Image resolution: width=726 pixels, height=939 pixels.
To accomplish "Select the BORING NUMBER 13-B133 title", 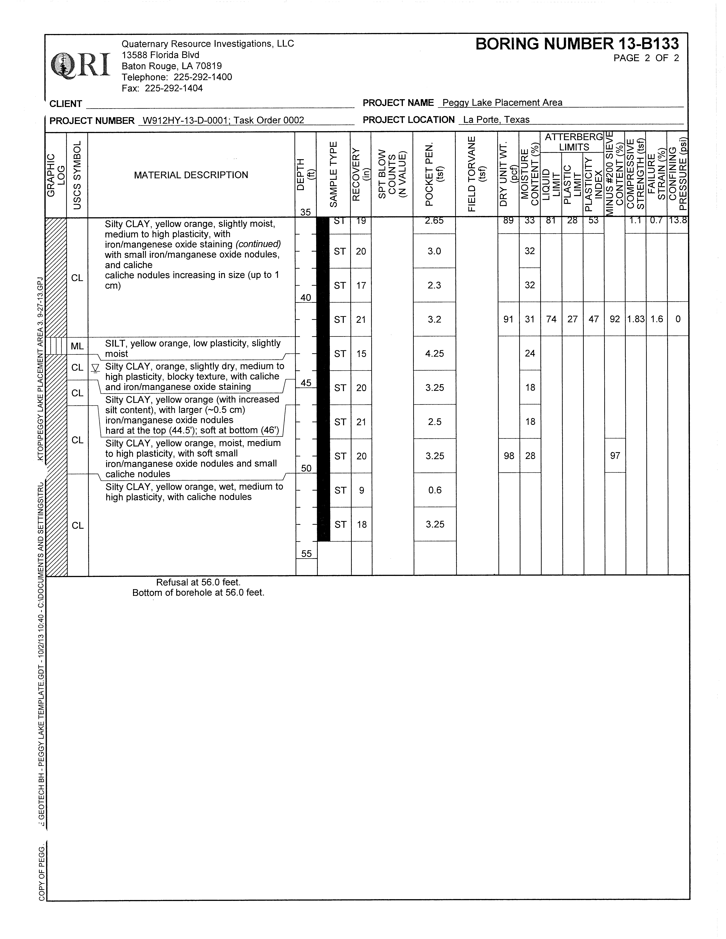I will pos(577,44).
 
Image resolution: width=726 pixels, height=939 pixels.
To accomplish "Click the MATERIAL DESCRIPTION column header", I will pos(191,175).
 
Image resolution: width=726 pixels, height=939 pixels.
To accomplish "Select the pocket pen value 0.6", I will pos(435,490).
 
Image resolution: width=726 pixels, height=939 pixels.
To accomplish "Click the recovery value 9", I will pos(361,490).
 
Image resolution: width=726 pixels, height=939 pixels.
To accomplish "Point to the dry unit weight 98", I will pos(509,456).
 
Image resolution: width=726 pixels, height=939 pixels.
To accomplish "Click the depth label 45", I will pos(306,383).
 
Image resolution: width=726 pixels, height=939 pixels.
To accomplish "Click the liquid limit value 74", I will pos(551,319).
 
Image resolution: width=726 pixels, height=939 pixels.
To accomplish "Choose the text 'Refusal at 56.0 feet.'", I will pos(198,582).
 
